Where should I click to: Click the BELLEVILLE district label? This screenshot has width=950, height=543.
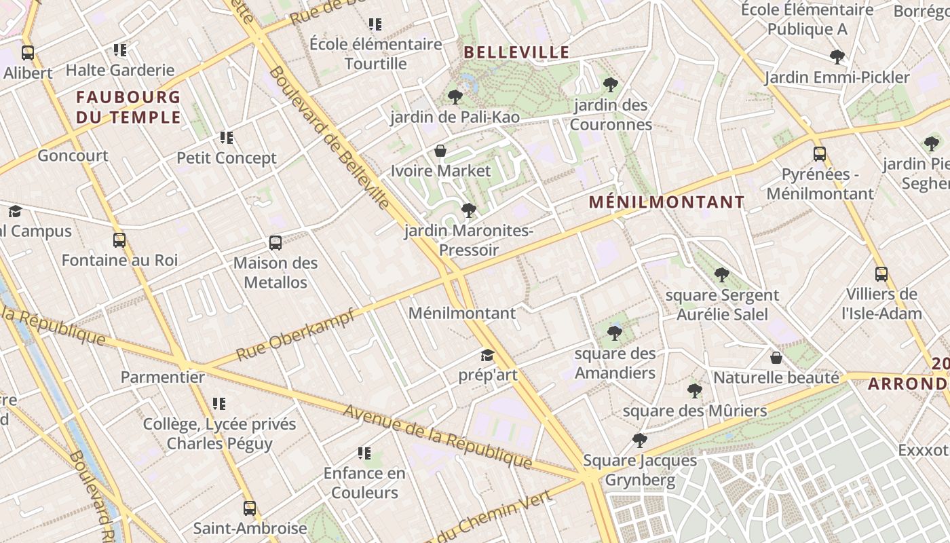tap(516, 52)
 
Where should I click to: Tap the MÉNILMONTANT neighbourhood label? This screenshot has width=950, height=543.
tap(666, 202)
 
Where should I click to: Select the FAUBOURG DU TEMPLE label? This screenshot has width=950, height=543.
tap(128, 107)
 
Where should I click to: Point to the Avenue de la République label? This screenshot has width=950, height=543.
tap(437, 436)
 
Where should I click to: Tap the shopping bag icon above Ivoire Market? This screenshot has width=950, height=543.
tap(440, 151)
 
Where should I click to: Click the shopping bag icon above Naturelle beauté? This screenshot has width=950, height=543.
tap(776, 358)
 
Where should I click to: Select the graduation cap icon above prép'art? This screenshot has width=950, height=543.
tap(487, 355)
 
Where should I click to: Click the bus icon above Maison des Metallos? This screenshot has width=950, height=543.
tap(275, 243)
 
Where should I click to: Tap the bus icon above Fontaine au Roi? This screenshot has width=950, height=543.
tap(119, 240)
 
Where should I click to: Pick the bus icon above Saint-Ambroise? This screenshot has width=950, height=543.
tap(250, 508)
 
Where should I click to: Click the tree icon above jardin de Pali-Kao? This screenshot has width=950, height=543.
tap(455, 97)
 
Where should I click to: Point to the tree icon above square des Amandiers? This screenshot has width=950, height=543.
tap(615, 333)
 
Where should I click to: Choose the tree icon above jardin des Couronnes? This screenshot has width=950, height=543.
tap(611, 85)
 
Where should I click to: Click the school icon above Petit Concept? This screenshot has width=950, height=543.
tap(227, 138)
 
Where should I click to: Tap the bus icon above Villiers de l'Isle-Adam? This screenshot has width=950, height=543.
tap(881, 274)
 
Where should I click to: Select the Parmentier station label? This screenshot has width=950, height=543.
tap(163, 377)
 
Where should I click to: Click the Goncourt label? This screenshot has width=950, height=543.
tap(73, 155)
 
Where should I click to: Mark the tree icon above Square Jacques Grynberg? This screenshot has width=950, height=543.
tap(640, 441)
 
